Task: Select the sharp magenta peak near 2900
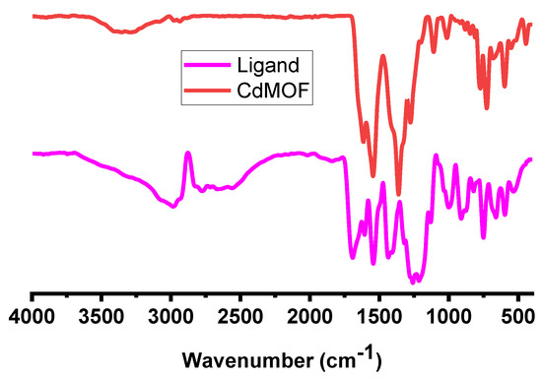click(x=187, y=154)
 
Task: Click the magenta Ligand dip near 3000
click(x=173, y=207)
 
